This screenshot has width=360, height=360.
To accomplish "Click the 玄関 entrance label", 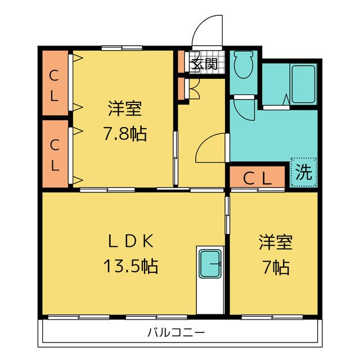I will point(204,63).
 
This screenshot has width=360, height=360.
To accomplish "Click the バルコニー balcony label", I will point(176,332).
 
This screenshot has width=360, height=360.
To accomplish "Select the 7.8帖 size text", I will point(125,134).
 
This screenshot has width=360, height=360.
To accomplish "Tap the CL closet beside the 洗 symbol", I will point(257,178).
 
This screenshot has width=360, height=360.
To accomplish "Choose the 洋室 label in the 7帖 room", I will point(276,242).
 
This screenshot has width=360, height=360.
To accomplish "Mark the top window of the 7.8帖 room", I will point(121,48).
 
